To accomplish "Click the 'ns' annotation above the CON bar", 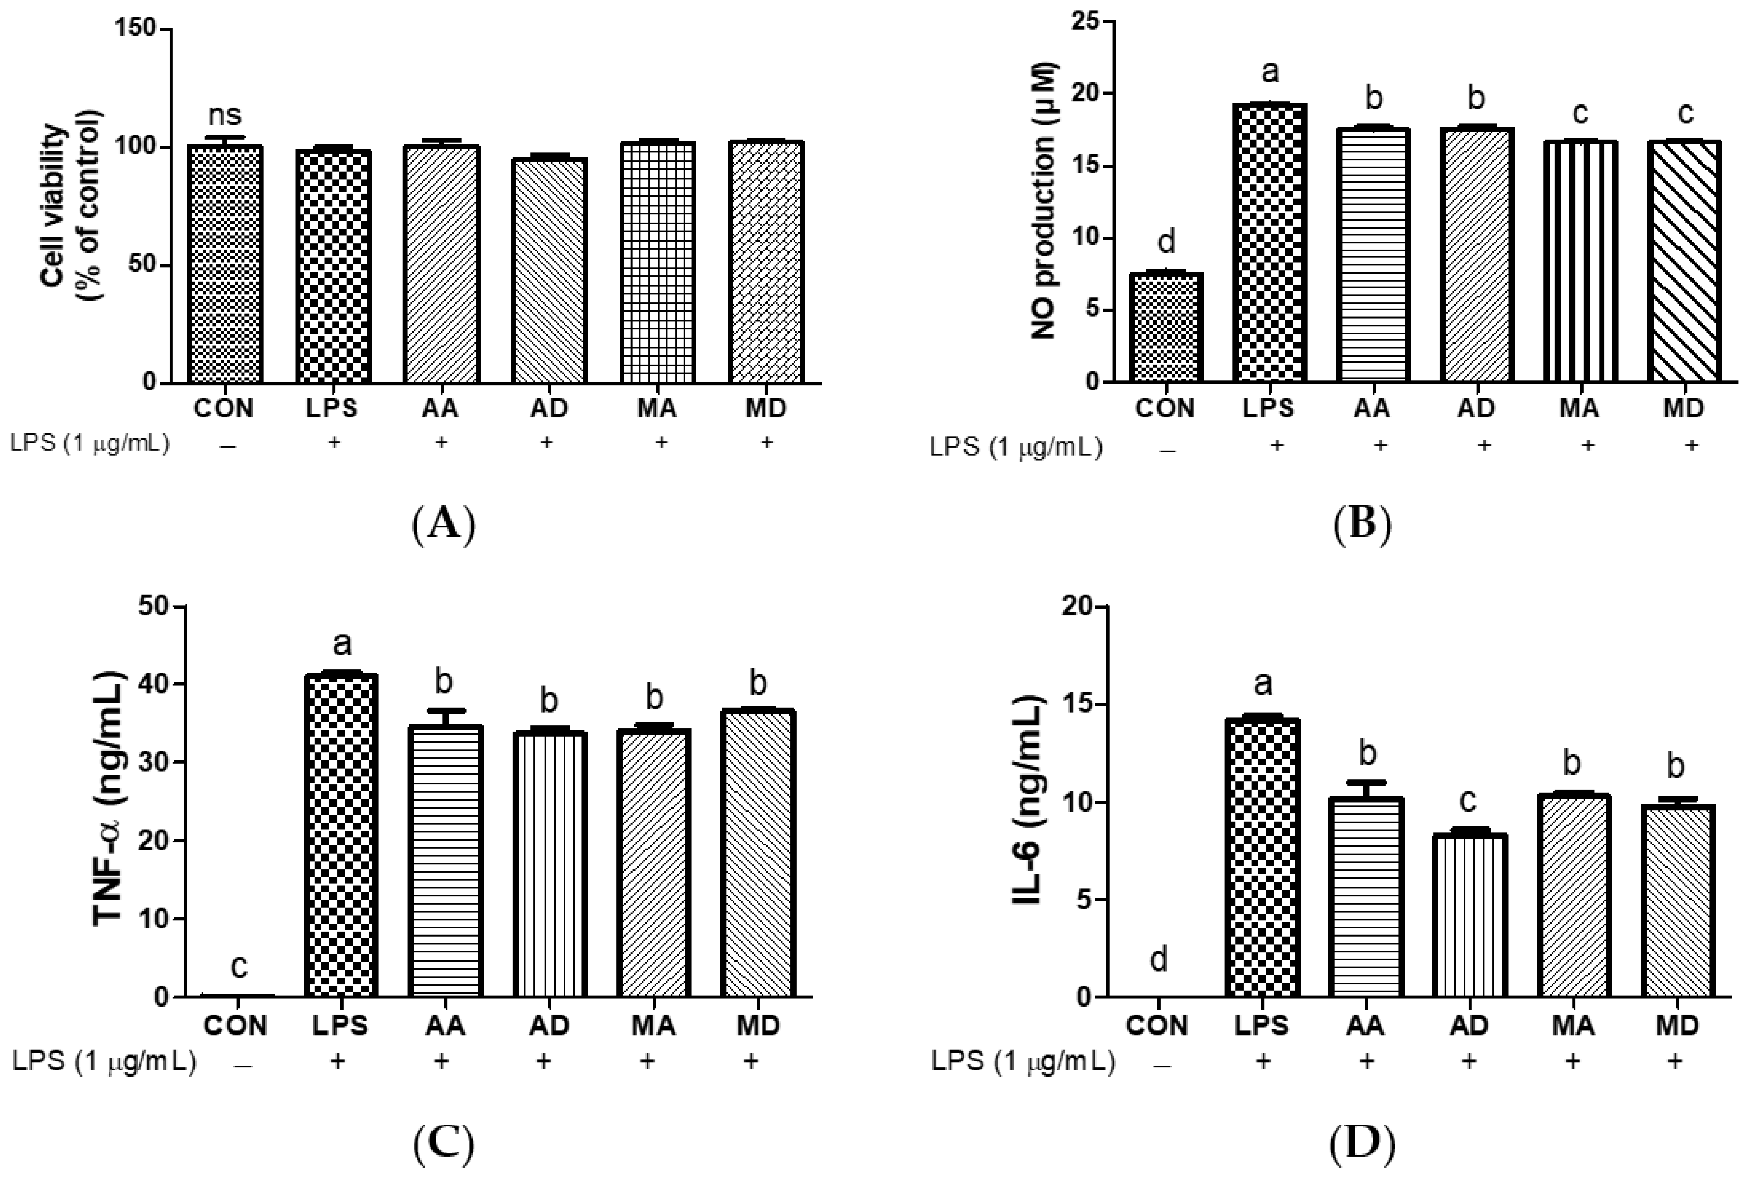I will point(224,115).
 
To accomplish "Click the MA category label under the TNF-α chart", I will point(654,1026).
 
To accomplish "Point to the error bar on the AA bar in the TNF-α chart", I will point(445,717).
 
